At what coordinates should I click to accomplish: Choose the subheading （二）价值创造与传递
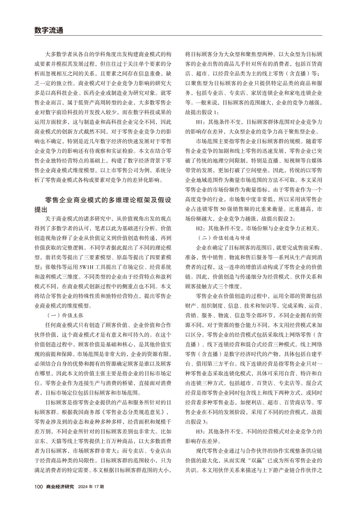[224, 238]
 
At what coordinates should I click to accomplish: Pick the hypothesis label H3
[201, 431]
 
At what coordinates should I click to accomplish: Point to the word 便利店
[262, 403]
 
